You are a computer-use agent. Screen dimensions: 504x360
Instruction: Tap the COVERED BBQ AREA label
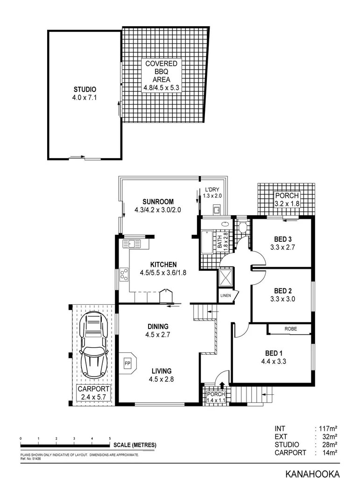click(161, 75)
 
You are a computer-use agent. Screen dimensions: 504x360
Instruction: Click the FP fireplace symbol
click(127, 362)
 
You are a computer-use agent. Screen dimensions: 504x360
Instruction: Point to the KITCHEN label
click(163, 268)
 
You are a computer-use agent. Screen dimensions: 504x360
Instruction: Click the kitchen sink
click(132, 243)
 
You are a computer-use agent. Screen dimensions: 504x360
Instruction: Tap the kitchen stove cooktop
click(124, 274)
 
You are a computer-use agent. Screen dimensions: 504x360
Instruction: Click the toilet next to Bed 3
click(242, 227)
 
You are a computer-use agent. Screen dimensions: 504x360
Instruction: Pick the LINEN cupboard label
click(226, 295)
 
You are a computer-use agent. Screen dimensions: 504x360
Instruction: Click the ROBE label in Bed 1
click(290, 329)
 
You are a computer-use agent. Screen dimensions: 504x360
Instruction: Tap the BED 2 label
click(282, 294)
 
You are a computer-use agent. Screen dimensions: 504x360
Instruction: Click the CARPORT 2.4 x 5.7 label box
click(93, 393)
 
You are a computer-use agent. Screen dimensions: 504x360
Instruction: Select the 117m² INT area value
click(327, 428)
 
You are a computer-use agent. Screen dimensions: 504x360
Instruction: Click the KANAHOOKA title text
click(312, 475)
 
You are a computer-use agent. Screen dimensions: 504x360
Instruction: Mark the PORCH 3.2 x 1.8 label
click(286, 200)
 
